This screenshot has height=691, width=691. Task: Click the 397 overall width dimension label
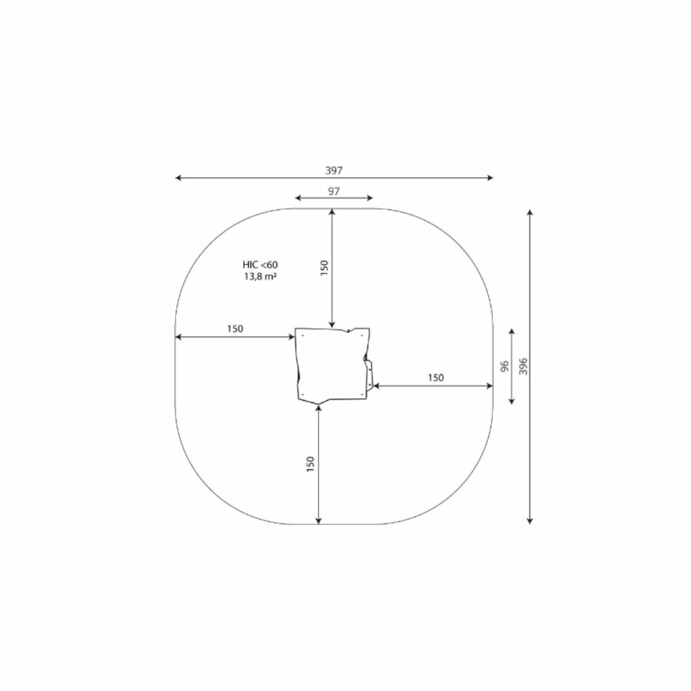pyautogui.click(x=334, y=170)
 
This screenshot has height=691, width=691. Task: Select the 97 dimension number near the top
pyautogui.click(x=334, y=191)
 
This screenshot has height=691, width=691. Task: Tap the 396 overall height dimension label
pyautogui.click(x=523, y=366)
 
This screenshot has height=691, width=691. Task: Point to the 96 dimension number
pyautogui.click(x=504, y=366)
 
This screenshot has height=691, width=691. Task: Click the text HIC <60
pyautogui.click(x=260, y=265)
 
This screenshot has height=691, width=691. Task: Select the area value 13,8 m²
pyautogui.click(x=260, y=276)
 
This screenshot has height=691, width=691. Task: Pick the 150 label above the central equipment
pyautogui.click(x=324, y=268)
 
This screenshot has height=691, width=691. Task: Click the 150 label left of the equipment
pyautogui.click(x=235, y=329)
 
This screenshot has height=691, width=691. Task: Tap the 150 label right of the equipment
pyautogui.click(x=435, y=378)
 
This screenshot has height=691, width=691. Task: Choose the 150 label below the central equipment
pyautogui.click(x=310, y=465)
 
